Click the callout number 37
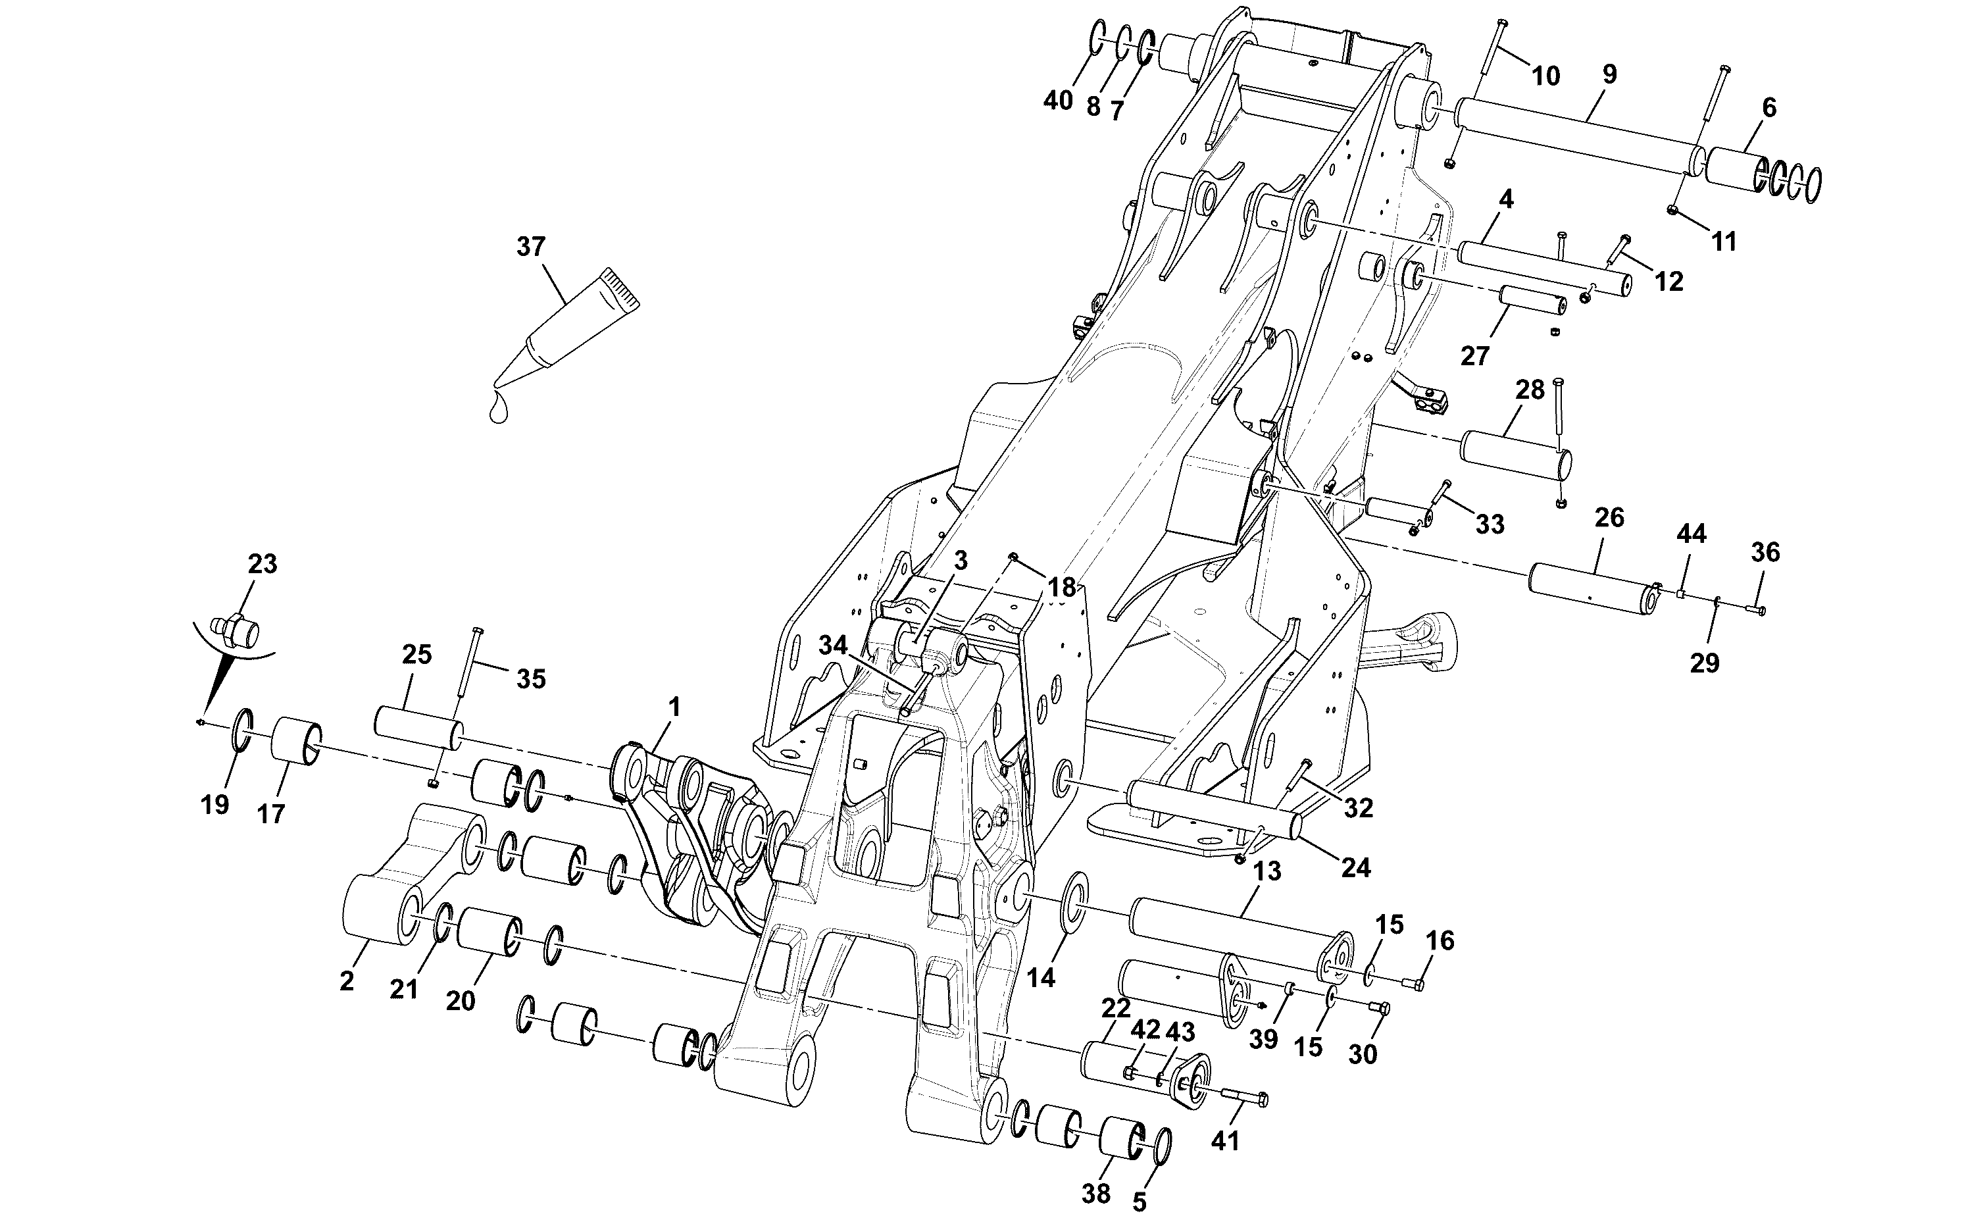[x=531, y=247]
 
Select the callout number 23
[x=263, y=564]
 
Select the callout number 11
[x=1724, y=241]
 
